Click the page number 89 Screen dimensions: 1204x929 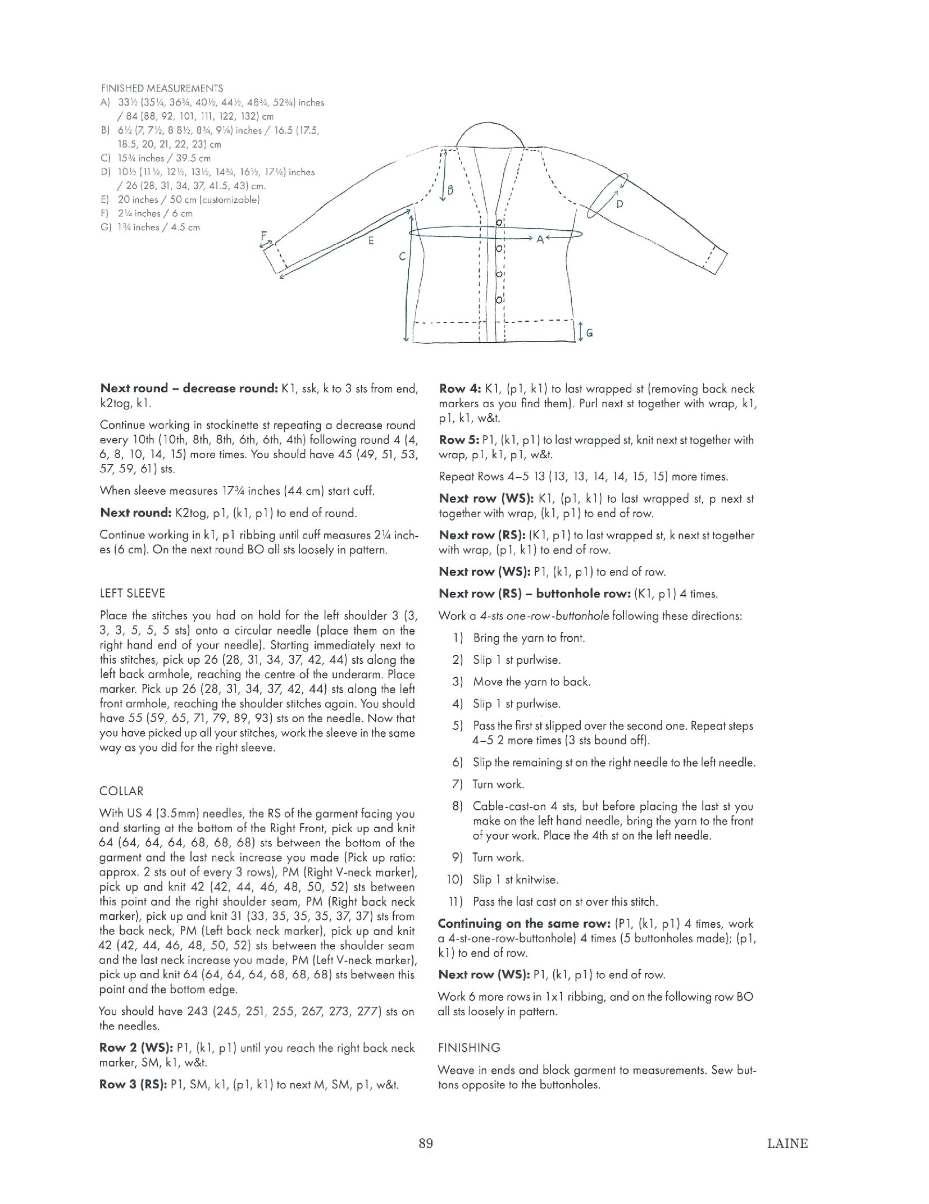(x=425, y=1143)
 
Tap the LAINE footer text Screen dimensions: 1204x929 (x=787, y=1143)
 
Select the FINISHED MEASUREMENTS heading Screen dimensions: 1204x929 (x=162, y=88)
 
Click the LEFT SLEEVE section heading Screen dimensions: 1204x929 (x=132, y=593)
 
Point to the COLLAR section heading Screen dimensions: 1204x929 (x=121, y=791)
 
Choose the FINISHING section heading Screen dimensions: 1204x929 (x=468, y=1047)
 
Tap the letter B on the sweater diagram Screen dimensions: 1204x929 (x=450, y=189)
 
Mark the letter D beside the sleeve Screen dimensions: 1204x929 (x=620, y=204)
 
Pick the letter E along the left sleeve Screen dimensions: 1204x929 (x=371, y=241)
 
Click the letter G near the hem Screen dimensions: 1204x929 (x=589, y=333)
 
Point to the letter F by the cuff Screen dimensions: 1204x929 (x=263, y=236)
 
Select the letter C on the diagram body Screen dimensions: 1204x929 (x=402, y=257)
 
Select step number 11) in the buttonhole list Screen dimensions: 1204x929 (x=456, y=901)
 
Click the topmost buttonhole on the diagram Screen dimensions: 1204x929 (x=499, y=223)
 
